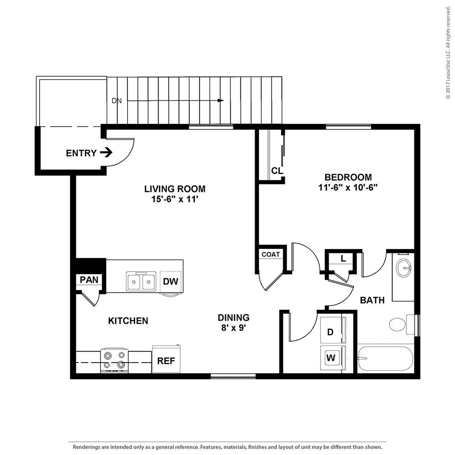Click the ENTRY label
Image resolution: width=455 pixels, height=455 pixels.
coord(81,153)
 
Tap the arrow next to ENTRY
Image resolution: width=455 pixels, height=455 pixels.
coord(106,153)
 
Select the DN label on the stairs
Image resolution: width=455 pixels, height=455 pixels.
coord(116,101)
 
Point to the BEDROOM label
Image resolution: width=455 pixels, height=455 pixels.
coord(348,177)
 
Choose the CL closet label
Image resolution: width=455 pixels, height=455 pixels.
coord(277,171)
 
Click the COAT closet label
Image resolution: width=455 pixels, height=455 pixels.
coord(271,255)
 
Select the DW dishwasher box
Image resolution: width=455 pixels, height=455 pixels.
coord(171,282)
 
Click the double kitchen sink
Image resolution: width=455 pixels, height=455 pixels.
coord(141,281)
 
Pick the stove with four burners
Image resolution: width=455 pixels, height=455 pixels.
coord(114,360)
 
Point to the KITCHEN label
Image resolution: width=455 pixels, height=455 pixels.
coord(128,321)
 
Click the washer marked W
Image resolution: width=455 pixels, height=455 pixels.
coord(331,357)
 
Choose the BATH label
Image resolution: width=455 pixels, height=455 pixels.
coord(372,300)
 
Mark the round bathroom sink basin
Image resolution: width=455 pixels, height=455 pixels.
coord(404,268)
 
